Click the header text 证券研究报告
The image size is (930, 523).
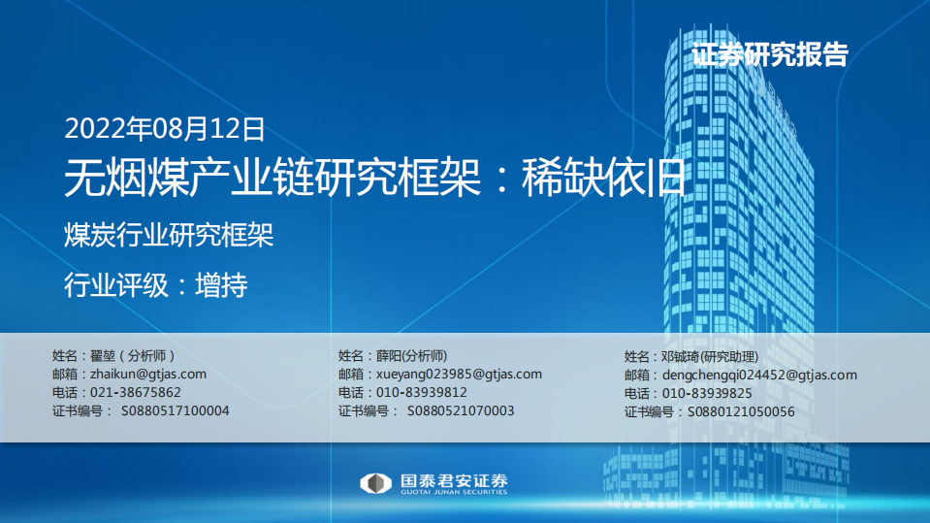tap(770, 54)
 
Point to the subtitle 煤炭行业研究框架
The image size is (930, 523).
tap(169, 236)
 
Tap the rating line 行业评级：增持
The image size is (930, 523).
tap(155, 285)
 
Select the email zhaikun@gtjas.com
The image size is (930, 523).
tap(147, 374)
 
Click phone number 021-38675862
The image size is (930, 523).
tap(135, 392)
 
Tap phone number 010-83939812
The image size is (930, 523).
tap(421, 392)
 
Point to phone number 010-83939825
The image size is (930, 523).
tap(707, 393)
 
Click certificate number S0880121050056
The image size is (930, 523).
tap(740, 411)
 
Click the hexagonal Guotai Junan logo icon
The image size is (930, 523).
tap(375, 483)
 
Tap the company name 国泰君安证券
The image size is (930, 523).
tap(454, 479)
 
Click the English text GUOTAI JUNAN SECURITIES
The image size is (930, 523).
tap(454, 493)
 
